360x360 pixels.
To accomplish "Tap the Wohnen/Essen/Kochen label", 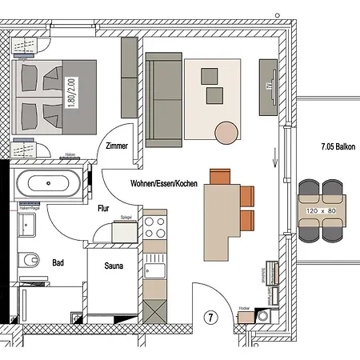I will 164,183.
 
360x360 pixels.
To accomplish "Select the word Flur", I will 103,207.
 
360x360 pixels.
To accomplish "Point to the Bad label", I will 58,262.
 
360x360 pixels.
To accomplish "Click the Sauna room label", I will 112,266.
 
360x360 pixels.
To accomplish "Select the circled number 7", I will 212,318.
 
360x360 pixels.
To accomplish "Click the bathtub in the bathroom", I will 50,185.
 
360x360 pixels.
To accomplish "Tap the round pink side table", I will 226,131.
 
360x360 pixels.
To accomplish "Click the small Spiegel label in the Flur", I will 124,216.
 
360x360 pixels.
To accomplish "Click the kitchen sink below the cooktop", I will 154,268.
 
